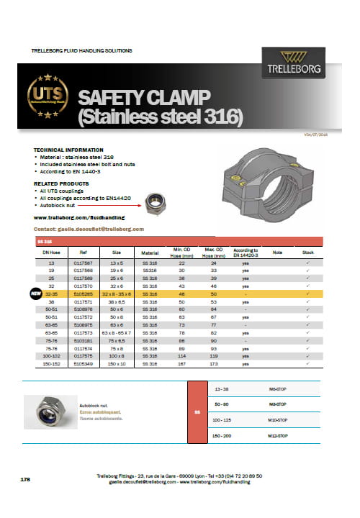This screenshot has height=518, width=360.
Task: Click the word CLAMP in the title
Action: click(181, 97)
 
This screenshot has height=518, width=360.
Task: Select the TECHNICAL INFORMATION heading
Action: click(68, 150)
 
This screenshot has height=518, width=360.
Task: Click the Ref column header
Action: click(84, 253)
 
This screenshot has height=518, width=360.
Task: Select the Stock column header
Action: click(307, 253)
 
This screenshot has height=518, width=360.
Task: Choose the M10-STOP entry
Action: click(268, 421)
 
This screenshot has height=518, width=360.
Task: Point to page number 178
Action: click(24, 477)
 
